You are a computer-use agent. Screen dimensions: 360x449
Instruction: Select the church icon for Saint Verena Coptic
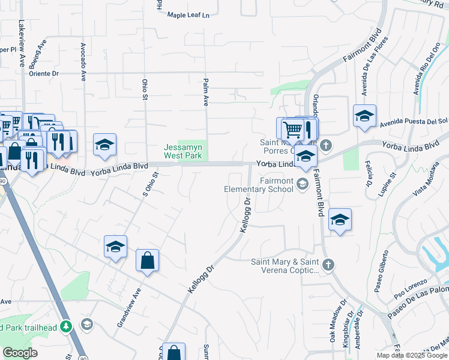[x=328, y=264]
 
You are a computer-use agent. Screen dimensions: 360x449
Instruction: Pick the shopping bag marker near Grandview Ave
[x=147, y=261]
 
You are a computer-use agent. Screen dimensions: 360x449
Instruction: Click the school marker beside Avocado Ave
[x=104, y=145]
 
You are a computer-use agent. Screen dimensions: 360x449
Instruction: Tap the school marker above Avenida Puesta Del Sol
[x=364, y=116]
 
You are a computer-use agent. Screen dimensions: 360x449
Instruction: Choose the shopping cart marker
[x=292, y=128]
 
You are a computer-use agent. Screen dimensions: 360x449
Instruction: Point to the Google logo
[x=20, y=353]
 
